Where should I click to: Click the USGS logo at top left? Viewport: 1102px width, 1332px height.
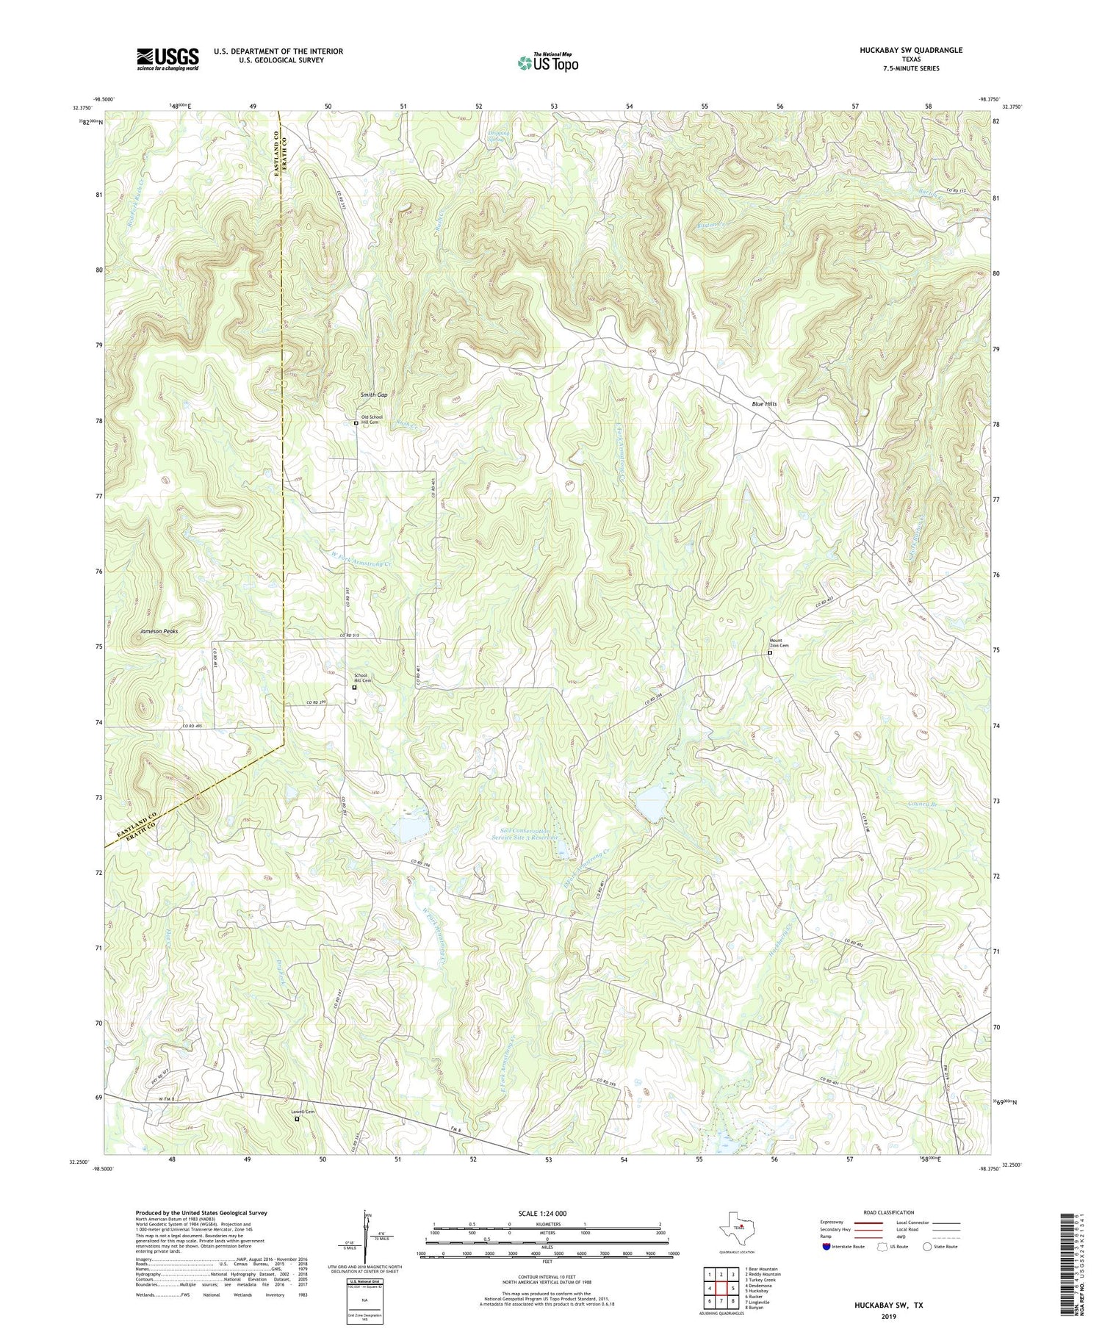168,59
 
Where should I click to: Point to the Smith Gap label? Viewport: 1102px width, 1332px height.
374,395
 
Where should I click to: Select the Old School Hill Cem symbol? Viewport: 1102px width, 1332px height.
356,423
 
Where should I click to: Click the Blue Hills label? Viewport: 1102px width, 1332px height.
763,404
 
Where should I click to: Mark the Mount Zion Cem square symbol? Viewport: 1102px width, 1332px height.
770,652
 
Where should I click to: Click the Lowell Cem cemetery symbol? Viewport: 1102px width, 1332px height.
298,1120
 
